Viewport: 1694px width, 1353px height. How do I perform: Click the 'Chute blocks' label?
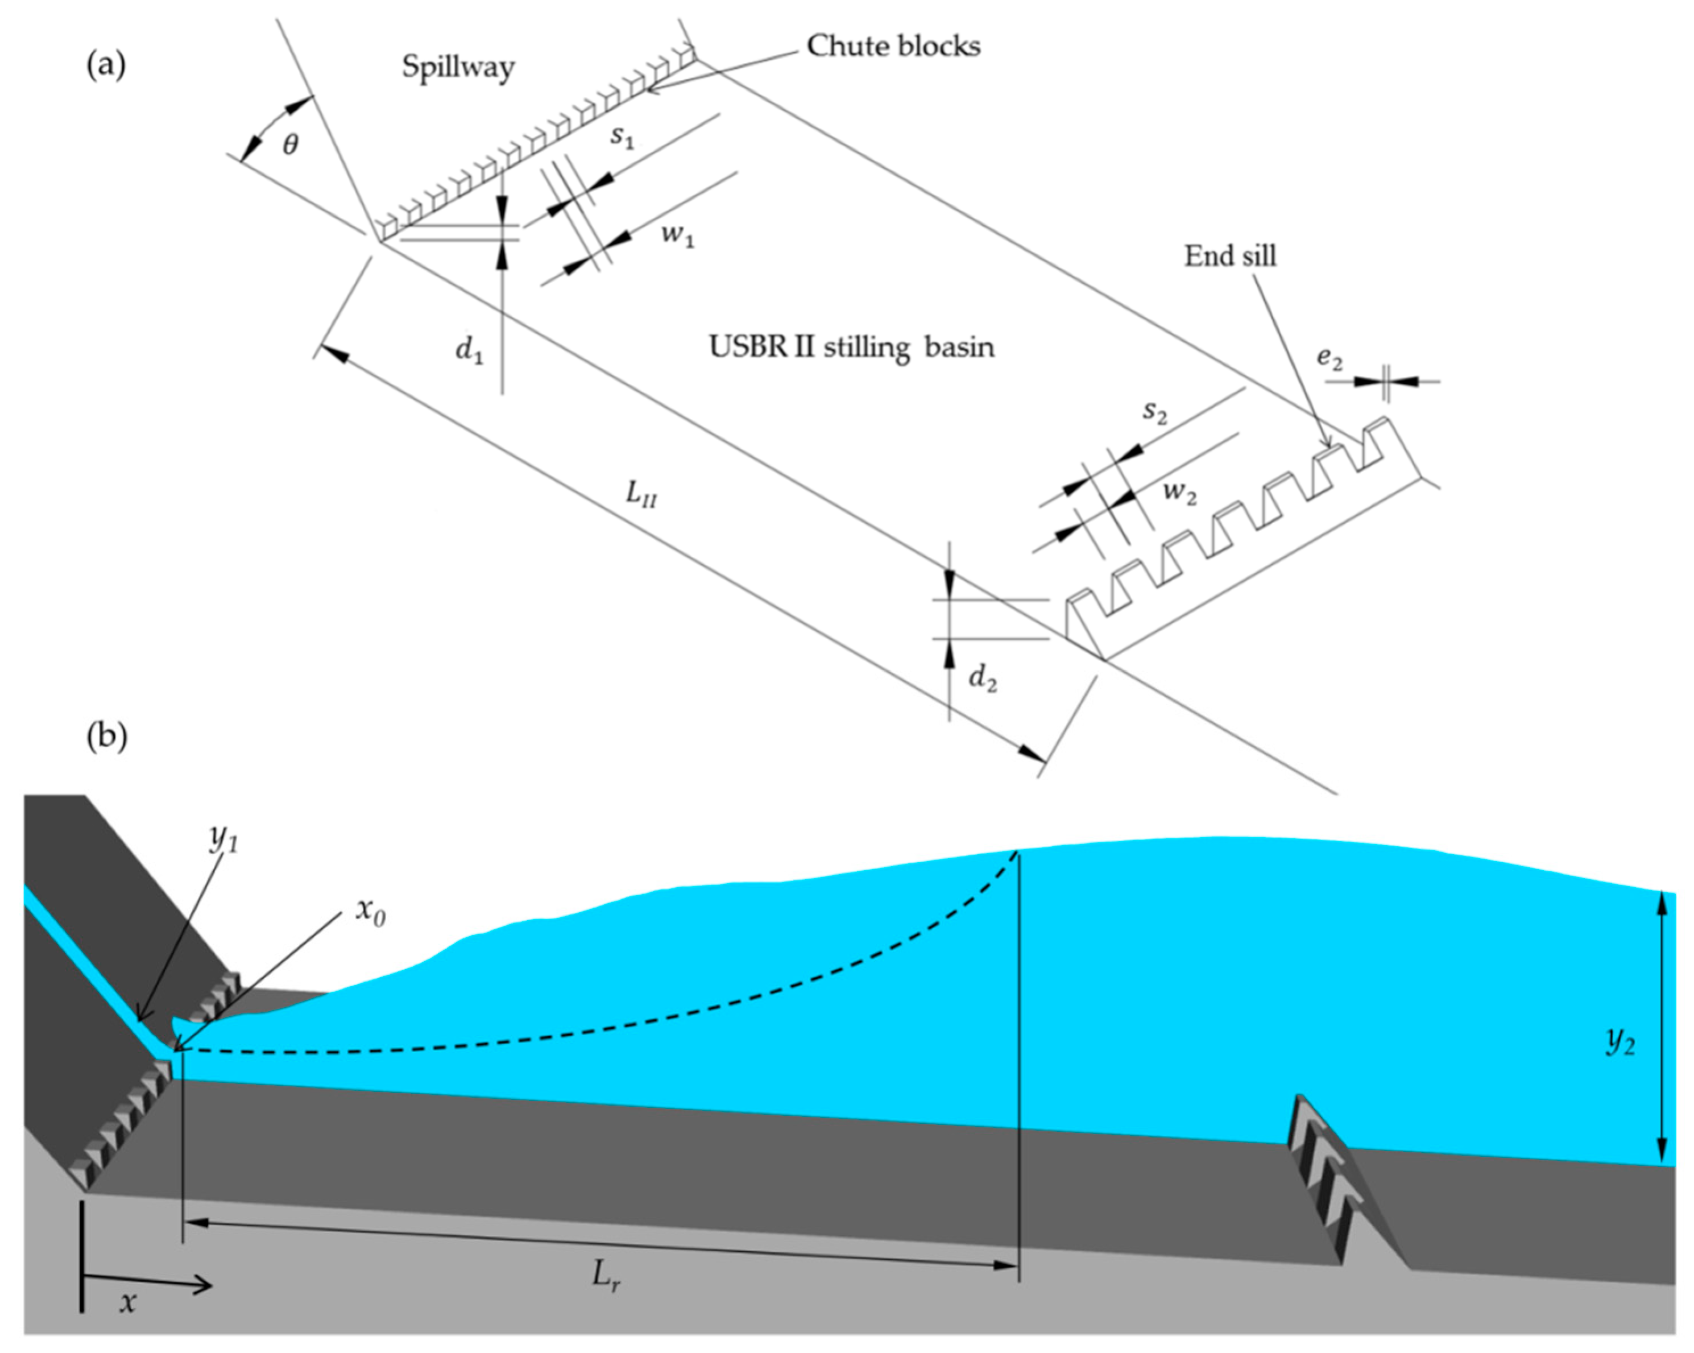[x=893, y=47]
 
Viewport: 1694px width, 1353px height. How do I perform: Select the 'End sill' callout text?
[x=1231, y=256]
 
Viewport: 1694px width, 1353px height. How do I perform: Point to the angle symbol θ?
[x=290, y=146]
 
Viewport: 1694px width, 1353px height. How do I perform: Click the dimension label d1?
[x=469, y=350]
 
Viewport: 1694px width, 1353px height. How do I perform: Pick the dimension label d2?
[x=982, y=677]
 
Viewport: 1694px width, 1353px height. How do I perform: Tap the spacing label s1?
[x=622, y=138]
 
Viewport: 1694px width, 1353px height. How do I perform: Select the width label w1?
[x=677, y=235]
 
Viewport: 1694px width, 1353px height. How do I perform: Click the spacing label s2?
[x=1154, y=411]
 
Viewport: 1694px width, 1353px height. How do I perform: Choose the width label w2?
[x=1179, y=493]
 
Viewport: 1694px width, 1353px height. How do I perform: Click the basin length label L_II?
[x=640, y=495]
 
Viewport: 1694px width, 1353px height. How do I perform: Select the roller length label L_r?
[x=607, y=1277]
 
